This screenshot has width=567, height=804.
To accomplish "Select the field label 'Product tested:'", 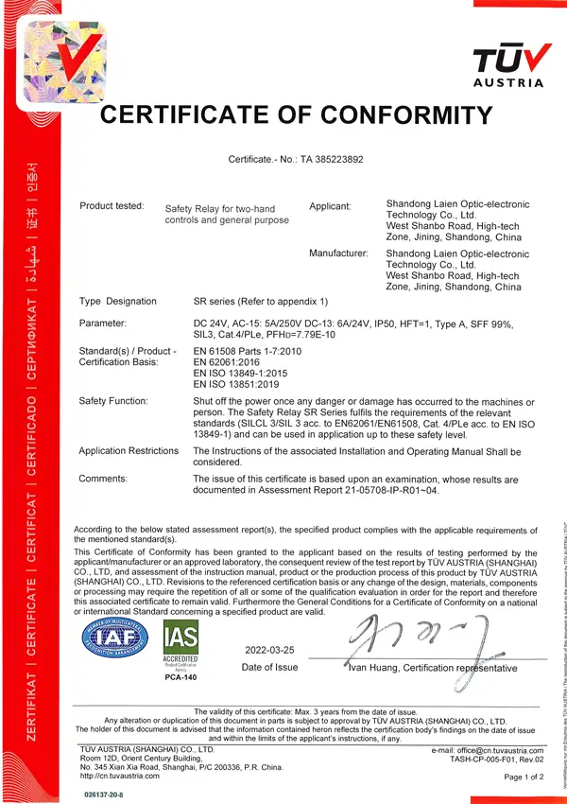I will pyautogui.click(x=112, y=205).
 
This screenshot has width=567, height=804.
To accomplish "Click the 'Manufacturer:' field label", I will pyautogui.click(x=338, y=253).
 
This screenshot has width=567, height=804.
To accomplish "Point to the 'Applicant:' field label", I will pyautogui.click(x=330, y=205).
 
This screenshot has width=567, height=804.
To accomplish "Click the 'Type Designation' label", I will pyautogui.click(x=118, y=302).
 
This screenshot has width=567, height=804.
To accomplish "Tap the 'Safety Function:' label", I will pyautogui.click(x=114, y=402).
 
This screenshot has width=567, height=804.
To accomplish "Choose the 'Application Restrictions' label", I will pyautogui.click(x=129, y=451).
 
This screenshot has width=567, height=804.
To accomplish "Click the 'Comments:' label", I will pyautogui.click(x=103, y=479).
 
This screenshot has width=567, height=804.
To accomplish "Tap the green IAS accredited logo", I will pyautogui.click(x=181, y=647).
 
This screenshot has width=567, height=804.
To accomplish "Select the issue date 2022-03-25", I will pyautogui.click(x=270, y=652).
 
